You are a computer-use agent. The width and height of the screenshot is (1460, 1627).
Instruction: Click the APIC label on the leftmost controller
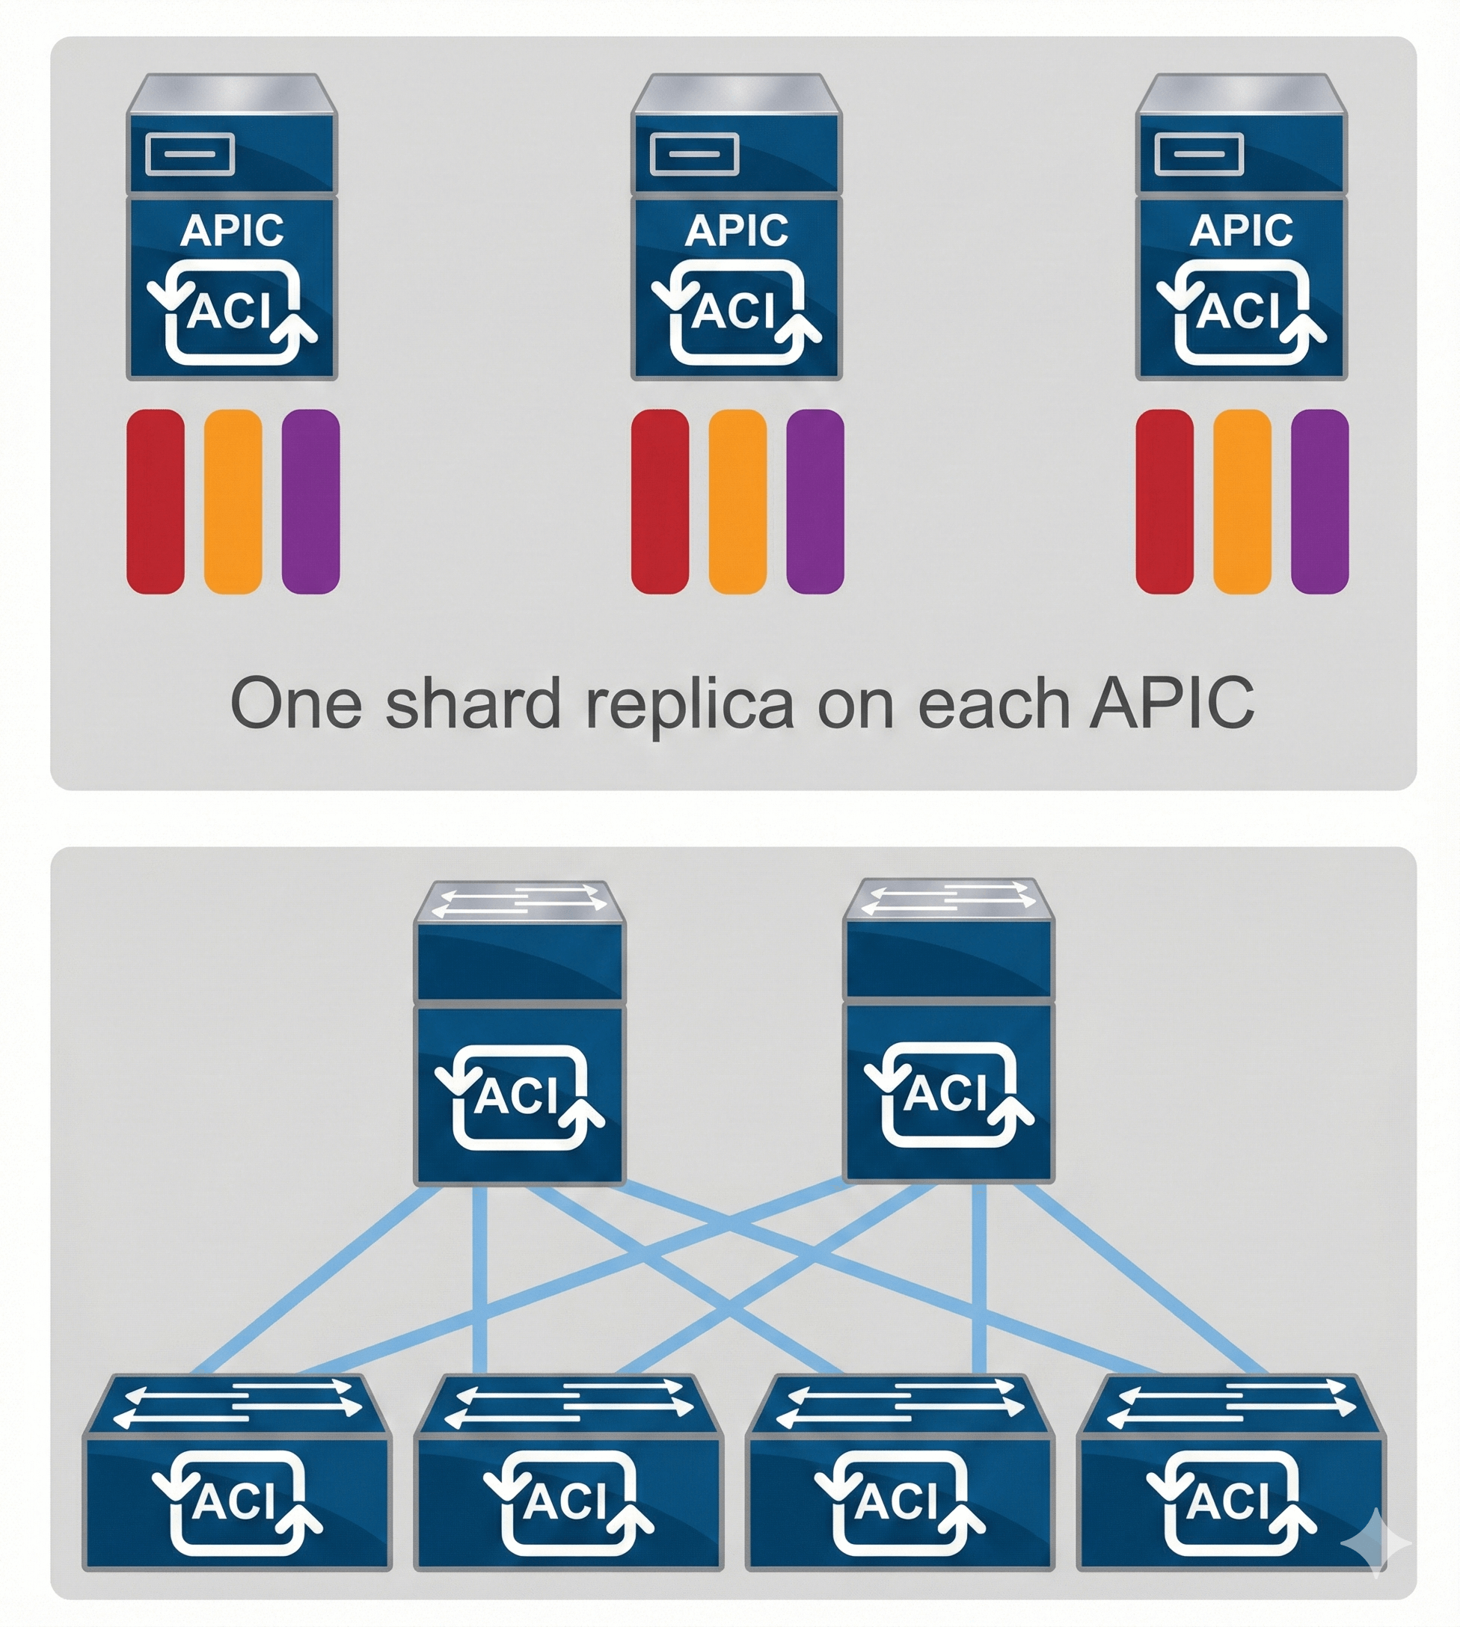pos(232,230)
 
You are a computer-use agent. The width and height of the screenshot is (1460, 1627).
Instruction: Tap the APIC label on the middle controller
pos(737,230)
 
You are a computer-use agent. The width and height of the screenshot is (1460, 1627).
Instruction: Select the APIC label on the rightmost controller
pos(1241,230)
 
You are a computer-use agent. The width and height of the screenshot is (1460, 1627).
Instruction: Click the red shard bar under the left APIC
pos(156,501)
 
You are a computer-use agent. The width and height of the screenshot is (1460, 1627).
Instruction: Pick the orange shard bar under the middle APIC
pos(737,501)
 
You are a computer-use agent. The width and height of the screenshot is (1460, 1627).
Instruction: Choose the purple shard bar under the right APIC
pos(1319,501)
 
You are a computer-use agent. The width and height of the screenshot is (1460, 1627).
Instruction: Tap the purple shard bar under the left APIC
pos(310,501)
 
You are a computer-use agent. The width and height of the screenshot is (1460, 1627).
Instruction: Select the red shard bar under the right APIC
pos(1164,501)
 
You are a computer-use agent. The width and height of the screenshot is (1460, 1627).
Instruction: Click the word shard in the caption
pos(473,704)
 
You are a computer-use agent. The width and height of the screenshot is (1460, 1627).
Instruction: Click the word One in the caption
pos(295,704)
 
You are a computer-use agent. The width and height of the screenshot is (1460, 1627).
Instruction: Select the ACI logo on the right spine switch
pos(948,1093)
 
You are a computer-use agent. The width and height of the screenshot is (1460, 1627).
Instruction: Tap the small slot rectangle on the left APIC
pos(190,154)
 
